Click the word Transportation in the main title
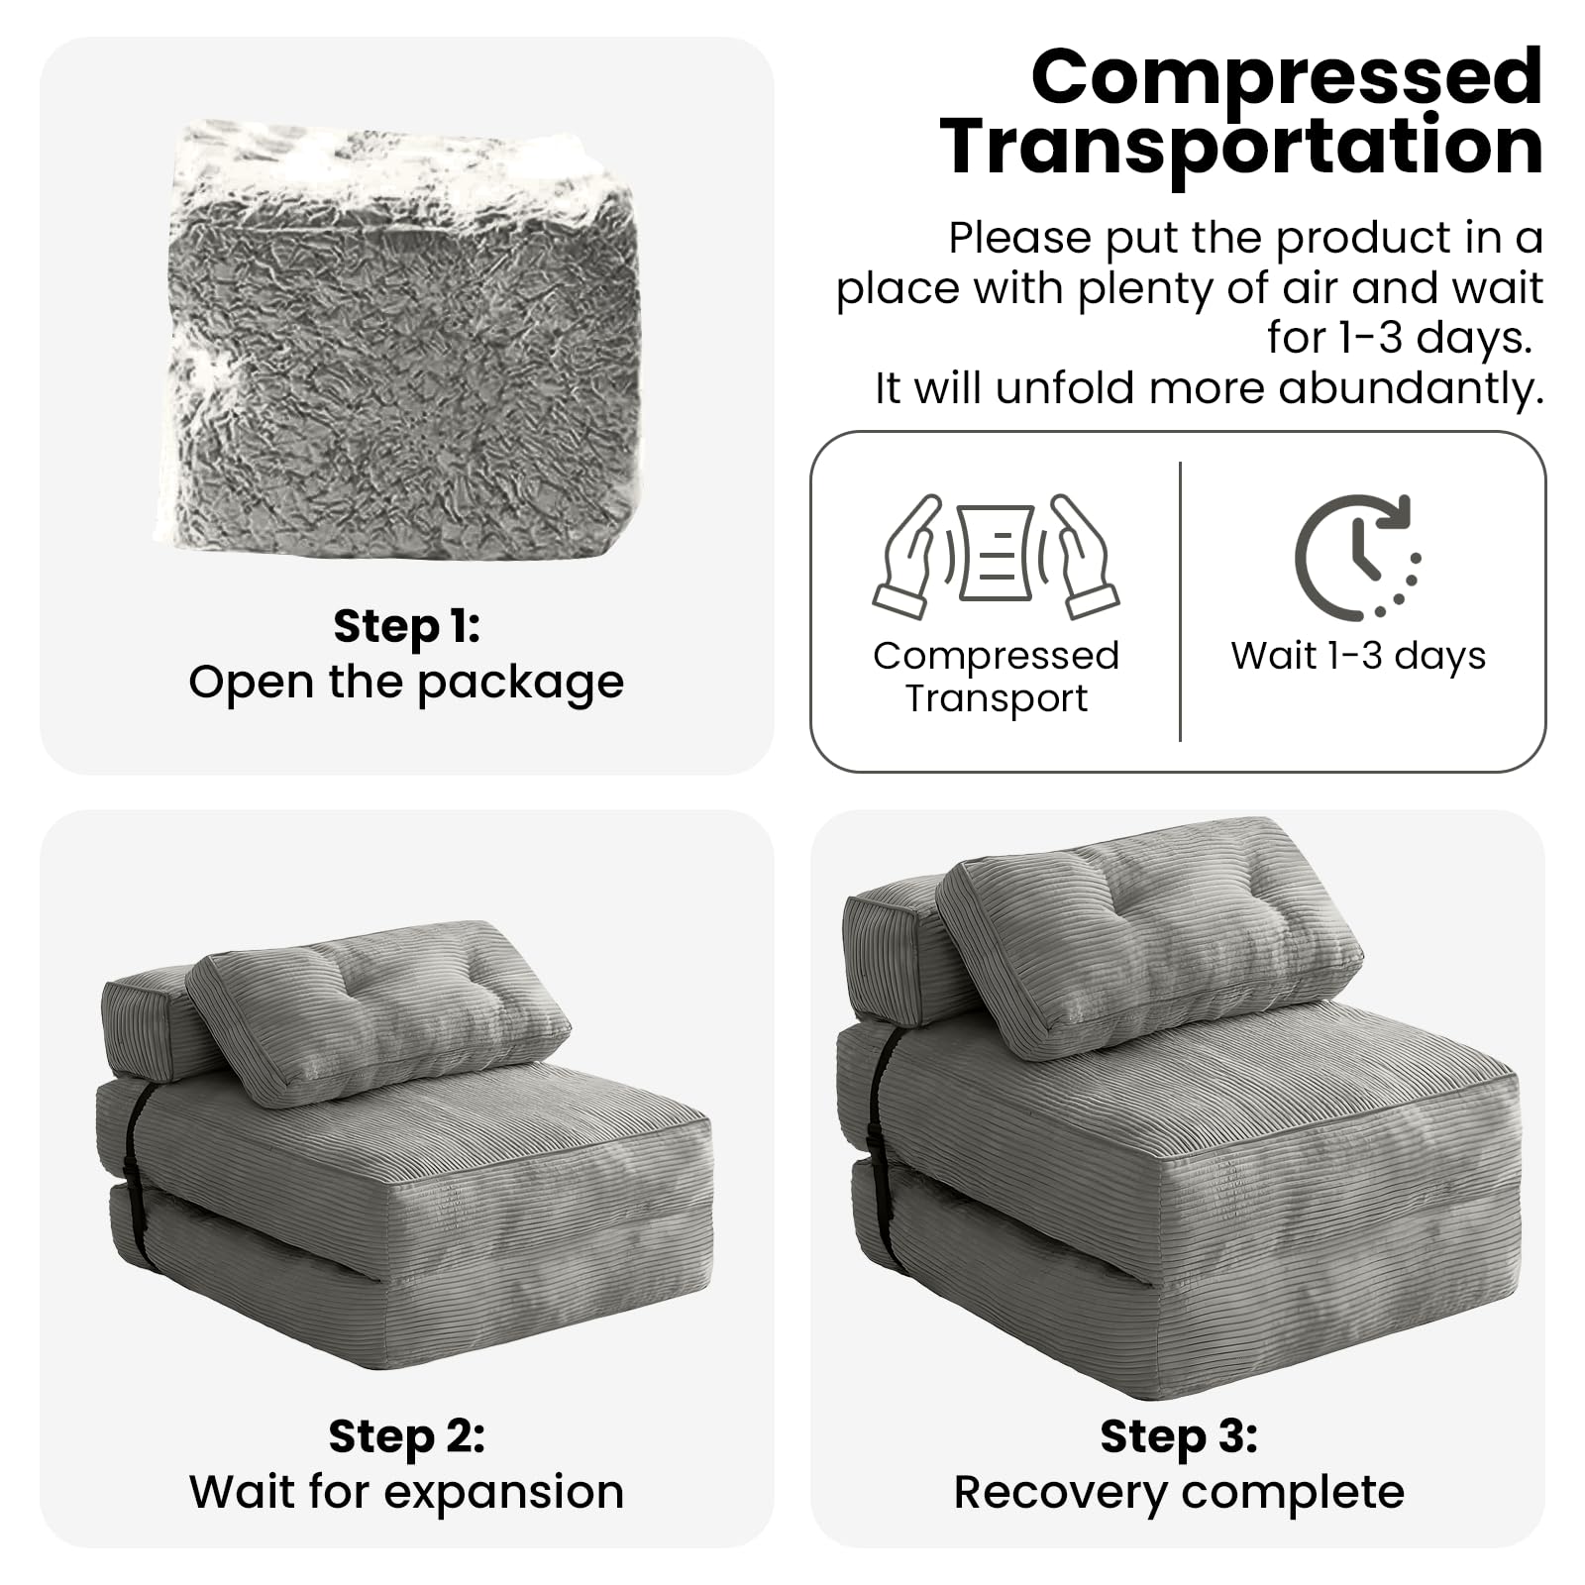coord(1242,146)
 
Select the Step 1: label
coord(406,626)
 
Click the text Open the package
coord(406,683)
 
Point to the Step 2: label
coord(406,1436)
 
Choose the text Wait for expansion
coord(406,1492)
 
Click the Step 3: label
coord(1179,1436)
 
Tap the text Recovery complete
coord(1179,1492)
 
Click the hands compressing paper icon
coord(996,557)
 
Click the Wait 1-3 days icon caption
coord(1358,656)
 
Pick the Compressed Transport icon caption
coord(996,677)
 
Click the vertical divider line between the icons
coord(1180,601)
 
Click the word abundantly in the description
coord(1412,388)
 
